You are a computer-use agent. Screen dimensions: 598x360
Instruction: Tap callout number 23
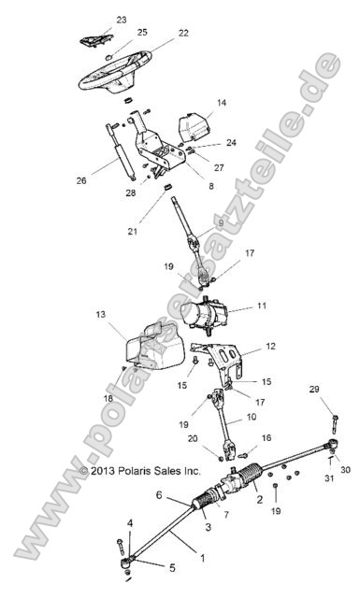pos(121,20)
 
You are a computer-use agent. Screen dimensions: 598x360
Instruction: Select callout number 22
pos(183,33)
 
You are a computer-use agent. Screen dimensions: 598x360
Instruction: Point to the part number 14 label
pos(222,103)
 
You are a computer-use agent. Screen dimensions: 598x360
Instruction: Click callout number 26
pos(80,180)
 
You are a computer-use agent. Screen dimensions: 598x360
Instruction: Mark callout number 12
pos(270,347)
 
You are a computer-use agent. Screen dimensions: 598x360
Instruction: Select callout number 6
pos(160,494)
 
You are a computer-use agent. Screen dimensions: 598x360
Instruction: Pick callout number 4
pos(130,522)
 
